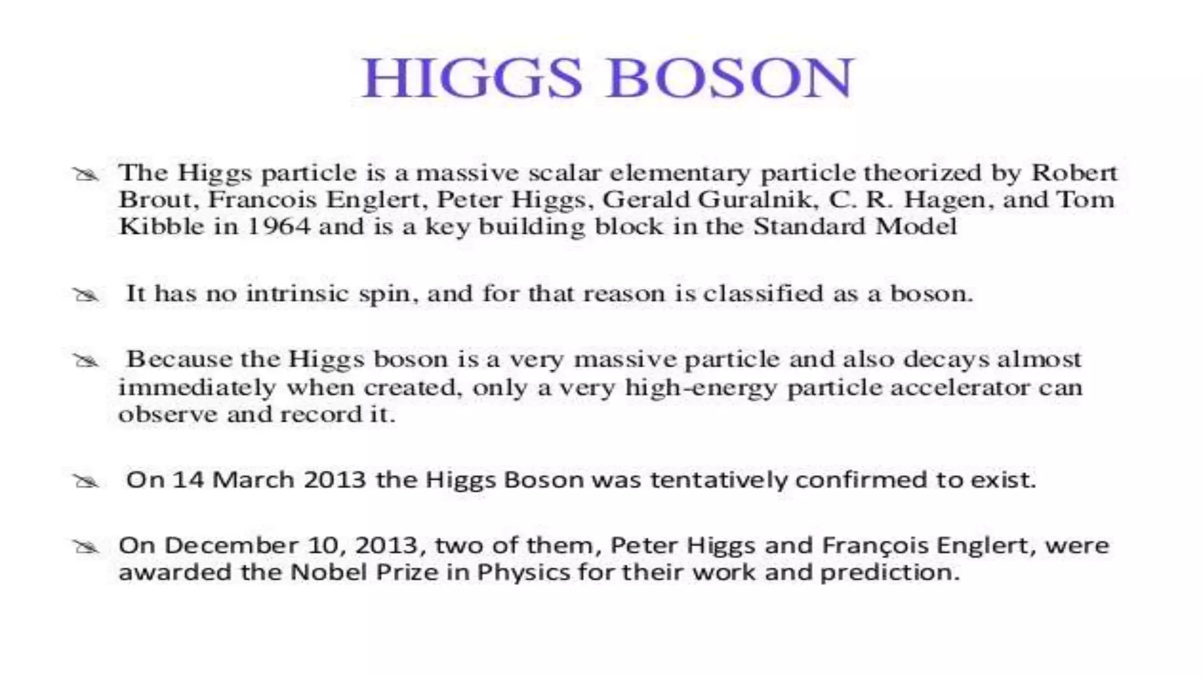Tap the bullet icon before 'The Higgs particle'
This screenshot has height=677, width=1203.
(86, 174)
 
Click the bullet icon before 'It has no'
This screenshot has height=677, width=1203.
(86, 294)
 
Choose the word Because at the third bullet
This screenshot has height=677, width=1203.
(179, 359)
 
